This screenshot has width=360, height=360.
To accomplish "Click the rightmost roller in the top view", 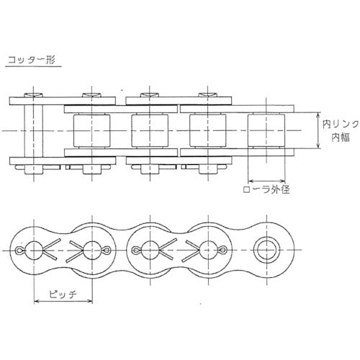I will tap(267, 131).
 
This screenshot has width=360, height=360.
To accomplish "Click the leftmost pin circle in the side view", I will tap(33, 251).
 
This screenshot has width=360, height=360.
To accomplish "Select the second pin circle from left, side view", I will tap(91, 251).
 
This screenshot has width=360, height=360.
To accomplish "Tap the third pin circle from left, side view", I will tap(149, 251).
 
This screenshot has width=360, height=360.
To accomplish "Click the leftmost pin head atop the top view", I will tap(32, 95).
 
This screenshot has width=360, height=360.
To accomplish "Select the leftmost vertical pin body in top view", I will tap(32, 131).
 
